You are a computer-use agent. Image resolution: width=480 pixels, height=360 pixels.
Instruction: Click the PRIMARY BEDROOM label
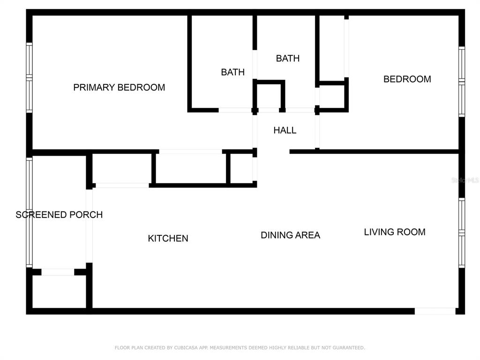coord(119,88)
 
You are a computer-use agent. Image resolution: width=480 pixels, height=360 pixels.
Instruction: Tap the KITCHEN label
coord(168,239)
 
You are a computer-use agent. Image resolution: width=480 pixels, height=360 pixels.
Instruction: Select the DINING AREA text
coord(290,235)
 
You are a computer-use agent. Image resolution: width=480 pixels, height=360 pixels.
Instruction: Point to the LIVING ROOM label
coord(395,232)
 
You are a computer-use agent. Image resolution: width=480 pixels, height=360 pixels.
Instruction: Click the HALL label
coord(285,130)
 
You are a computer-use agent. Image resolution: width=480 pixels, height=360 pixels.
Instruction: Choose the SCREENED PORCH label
coord(59,215)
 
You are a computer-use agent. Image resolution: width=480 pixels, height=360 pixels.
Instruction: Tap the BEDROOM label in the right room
coord(407,79)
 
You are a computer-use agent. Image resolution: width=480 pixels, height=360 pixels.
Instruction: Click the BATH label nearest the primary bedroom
coord(232,72)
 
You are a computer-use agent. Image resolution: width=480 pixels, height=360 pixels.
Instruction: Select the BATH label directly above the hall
coord(287,59)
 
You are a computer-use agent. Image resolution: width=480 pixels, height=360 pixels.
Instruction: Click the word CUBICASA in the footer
coord(186,348)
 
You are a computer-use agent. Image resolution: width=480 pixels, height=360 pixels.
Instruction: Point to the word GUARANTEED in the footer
coord(349,348)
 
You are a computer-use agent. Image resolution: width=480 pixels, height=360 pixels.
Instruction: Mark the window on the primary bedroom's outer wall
coord(29,78)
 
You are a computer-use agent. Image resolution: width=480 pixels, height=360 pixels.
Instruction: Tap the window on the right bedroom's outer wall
coord(462,82)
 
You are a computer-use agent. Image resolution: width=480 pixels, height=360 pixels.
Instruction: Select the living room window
coord(462,233)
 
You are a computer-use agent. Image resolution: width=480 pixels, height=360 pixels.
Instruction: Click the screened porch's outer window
coord(29,212)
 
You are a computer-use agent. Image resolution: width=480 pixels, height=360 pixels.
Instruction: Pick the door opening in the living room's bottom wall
coord(435,311)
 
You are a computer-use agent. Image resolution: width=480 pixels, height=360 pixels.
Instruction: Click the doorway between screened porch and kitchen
coord(89,226)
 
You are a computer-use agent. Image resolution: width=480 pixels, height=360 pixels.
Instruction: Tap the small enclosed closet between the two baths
coord(269,96)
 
